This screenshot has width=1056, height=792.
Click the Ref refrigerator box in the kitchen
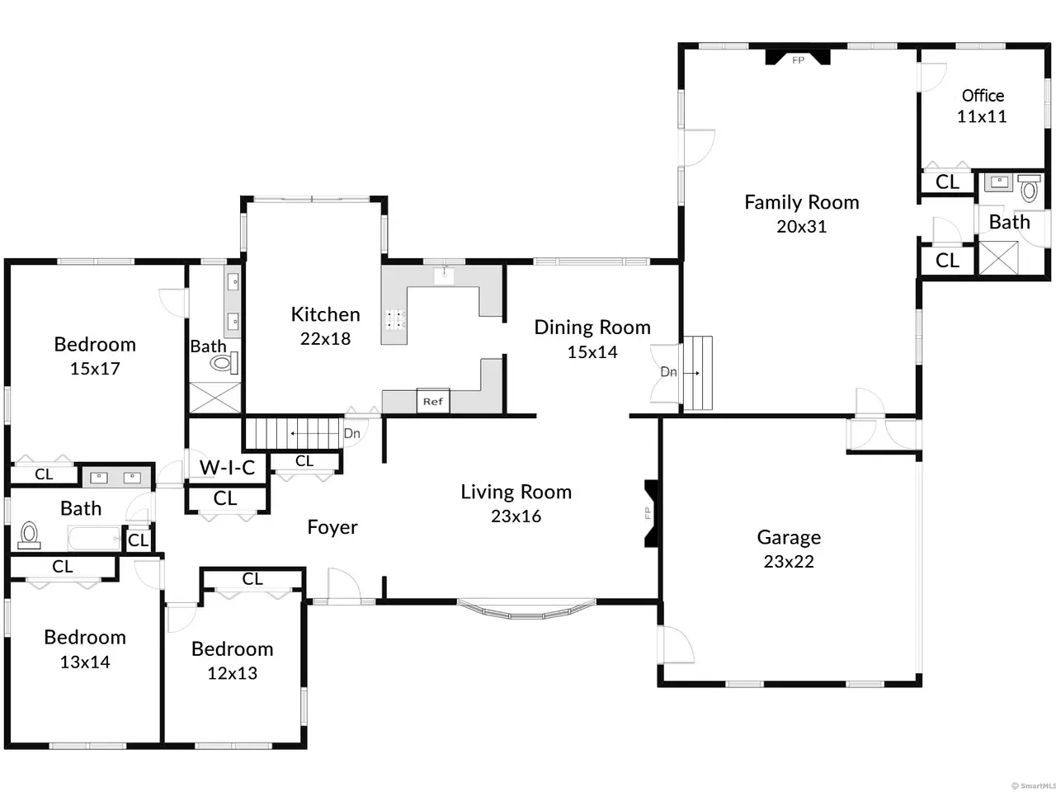tap(433, 401)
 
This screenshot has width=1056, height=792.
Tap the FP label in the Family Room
tap(798, 60)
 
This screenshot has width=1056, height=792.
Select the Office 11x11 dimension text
tap(982, 116)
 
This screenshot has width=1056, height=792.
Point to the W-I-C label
tap(227, 468)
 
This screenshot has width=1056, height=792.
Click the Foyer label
tap(332, 527)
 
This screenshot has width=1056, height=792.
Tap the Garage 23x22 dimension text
tap(789, 561)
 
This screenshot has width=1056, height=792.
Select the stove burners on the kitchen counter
tap(395, 319)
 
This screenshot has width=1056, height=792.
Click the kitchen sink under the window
tap(444, 276)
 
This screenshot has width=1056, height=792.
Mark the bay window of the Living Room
tap(526, 610)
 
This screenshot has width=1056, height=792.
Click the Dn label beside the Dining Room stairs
tap(668, 372)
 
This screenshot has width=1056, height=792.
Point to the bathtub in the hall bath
tap(94, 539)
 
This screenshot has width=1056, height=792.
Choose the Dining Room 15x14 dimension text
tap(592, 352)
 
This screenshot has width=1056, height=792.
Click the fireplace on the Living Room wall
tap(652, 513)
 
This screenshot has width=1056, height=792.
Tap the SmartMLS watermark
tap(1034, 785)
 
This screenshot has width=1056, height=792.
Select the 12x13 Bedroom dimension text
tap(233, 673)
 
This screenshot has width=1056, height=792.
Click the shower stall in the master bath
tap(215, 398)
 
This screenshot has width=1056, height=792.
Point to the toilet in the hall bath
tap(29, 535)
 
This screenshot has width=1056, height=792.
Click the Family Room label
tap(802, 202)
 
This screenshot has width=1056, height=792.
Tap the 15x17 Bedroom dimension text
tap(95, 369)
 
